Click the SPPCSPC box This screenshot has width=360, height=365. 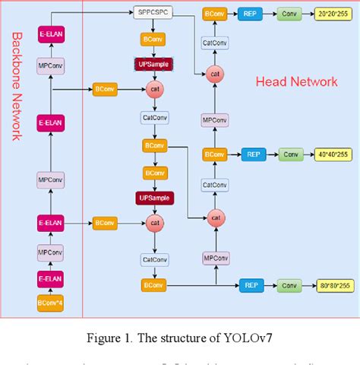[x=154, y=13]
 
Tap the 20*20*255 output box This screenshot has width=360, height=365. [x=332, y=14]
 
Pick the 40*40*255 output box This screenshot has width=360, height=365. [x=332, y=154]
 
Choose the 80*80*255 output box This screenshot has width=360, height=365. [x=332, y=286]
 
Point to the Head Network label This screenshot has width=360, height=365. [x=296, y=81]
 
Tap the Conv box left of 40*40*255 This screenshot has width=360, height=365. [x=289, y=154]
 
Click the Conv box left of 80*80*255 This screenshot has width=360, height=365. [x=289, y=286]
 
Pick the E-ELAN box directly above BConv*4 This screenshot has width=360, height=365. [x=51, y=278]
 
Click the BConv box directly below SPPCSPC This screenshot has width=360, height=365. [x=154, y=39]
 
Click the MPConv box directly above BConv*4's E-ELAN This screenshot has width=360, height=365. [x=51, y=252]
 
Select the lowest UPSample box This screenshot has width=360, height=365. [x=154, y=198]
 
